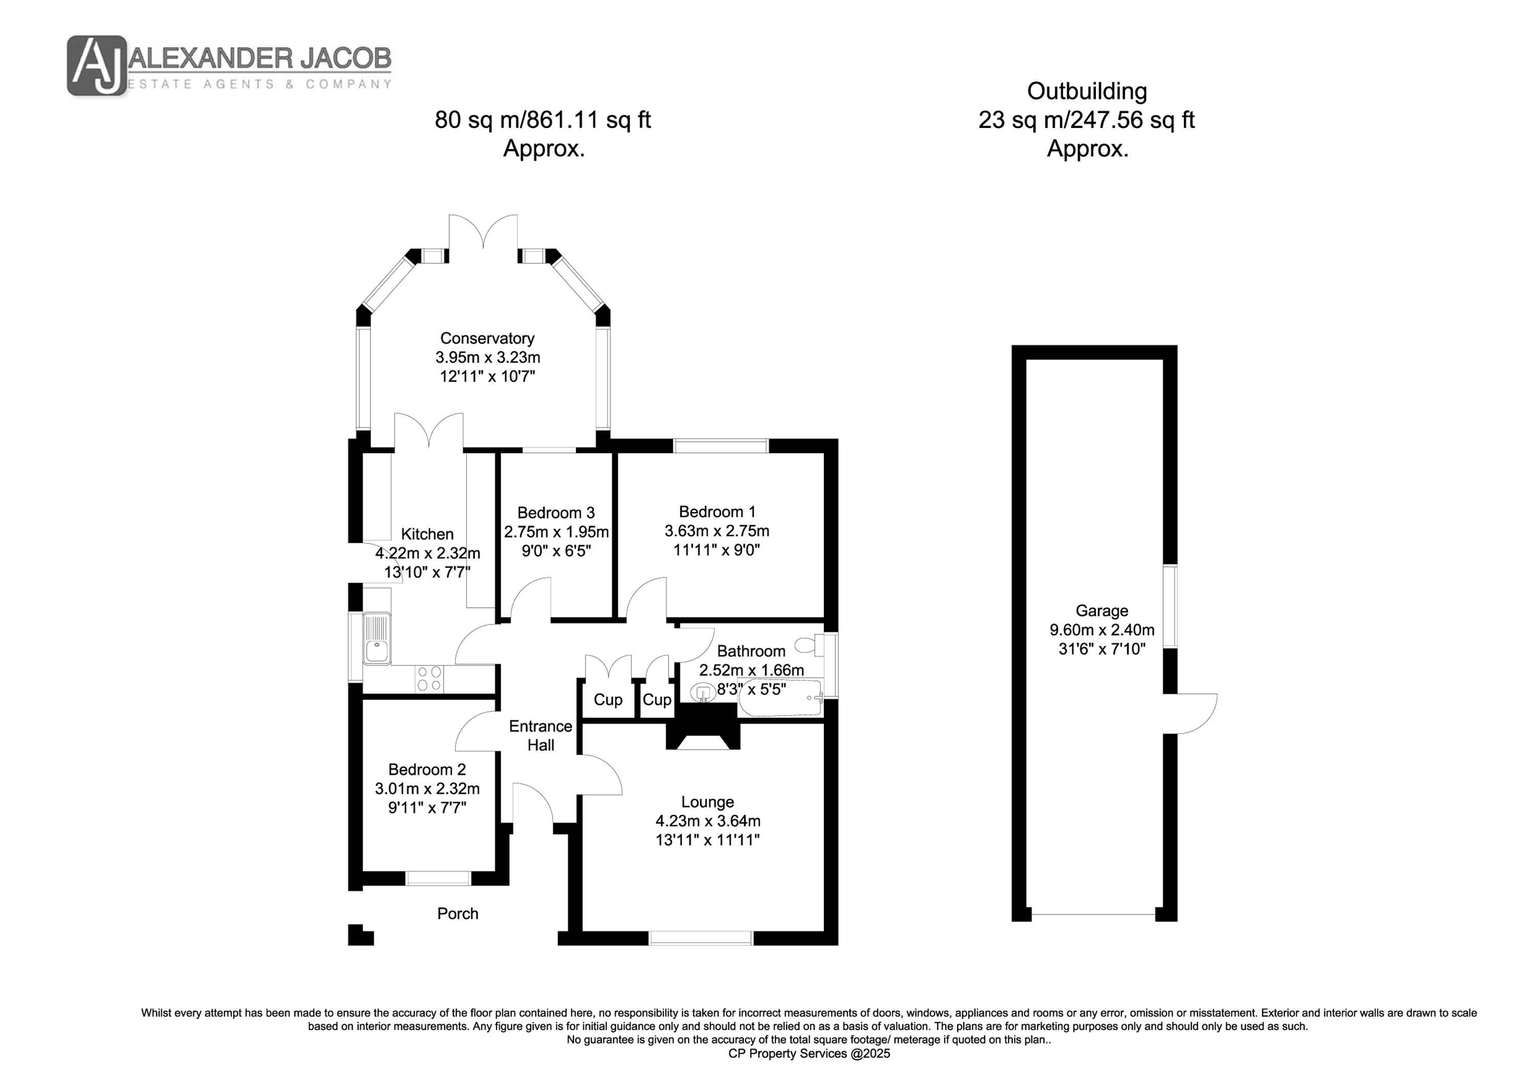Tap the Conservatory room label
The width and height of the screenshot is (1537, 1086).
pos(487,338)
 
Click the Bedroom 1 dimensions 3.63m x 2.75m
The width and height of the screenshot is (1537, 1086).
pos(716,531)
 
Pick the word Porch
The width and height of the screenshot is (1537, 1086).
pos(458,913)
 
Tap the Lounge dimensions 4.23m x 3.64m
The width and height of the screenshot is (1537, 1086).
pos(708,821)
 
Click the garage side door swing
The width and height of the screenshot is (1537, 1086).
pos(1195,714)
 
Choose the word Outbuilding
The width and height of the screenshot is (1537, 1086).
pos(1087,91)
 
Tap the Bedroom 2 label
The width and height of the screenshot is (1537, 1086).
pos(427,770)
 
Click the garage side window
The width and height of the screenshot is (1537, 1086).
pos(1170,606)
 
